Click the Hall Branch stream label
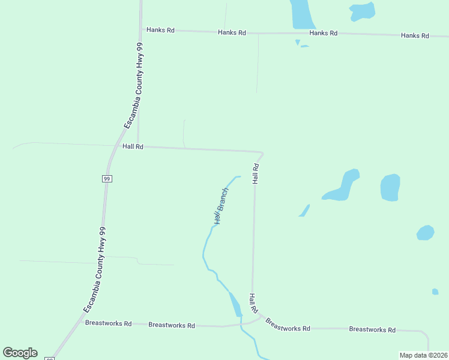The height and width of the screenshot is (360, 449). point(221,206)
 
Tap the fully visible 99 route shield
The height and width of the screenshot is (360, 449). point(106,178)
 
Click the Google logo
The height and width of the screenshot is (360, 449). point(20,353)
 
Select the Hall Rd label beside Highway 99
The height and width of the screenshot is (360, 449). point(133,146)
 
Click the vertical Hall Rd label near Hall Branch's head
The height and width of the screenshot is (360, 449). point(255,173)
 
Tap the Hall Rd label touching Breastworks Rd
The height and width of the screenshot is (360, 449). point(253,303)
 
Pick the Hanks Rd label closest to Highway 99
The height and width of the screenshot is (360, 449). point(160,29)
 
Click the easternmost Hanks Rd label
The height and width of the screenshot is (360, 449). point(415,36)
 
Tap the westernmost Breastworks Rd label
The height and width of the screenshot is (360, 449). point(108,323)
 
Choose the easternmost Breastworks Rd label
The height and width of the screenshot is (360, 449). point(372,329)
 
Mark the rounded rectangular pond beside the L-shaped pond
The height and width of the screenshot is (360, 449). point(390,187)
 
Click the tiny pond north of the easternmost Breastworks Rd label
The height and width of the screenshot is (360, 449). point(435,292)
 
